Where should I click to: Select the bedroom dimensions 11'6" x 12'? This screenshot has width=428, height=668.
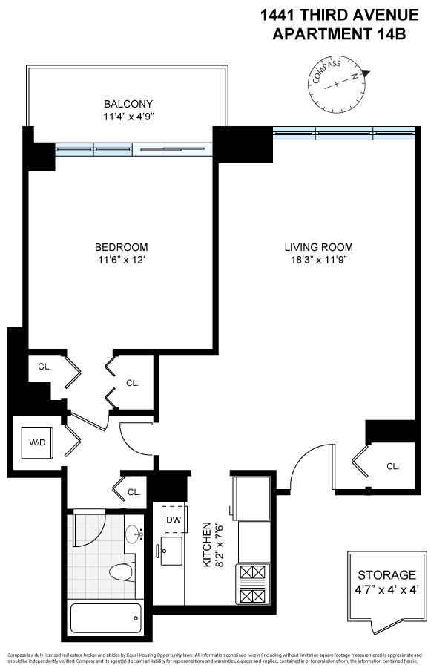[121, 260]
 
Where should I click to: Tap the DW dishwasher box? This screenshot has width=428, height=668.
[174, 520]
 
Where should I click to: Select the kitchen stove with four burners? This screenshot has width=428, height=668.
[252, 583]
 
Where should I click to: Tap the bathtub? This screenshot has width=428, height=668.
[105, 615]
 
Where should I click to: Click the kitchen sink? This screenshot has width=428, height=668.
[172, 550]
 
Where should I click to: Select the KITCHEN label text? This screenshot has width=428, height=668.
[208, 546]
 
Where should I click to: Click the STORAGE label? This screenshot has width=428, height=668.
[387, 575]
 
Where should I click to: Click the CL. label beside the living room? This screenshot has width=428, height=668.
[392, 466]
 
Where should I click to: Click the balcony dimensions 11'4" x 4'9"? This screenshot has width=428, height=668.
[129, 117]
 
